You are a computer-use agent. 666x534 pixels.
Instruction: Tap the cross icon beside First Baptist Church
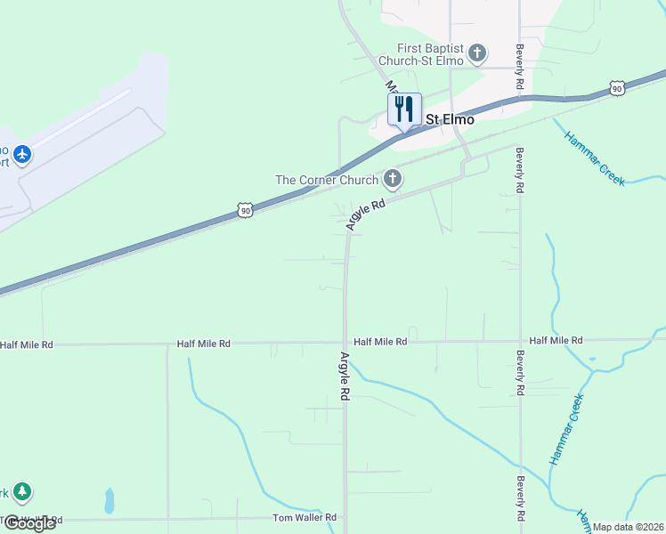pyautogui.click(x=477, y=53)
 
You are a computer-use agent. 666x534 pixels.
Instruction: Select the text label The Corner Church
pyautogui.click(x=327, y=180)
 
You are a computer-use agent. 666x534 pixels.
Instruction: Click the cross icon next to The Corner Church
pyautogui.click(x=392, y=180)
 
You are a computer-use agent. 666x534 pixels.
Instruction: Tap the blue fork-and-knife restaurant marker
pyautogui.click(x=404, y=109)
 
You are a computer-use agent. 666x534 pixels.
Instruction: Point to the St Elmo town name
pyautogui.click(x=450, y=119)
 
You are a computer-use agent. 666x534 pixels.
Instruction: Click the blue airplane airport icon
pyautogui.click(x=22, y=155)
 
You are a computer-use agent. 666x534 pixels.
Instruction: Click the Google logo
pyautogui.click(x=28, y=522)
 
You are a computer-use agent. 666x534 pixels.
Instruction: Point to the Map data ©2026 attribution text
pyautogui.click(x=628, y=527)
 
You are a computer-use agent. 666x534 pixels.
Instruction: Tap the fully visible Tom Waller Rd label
pyautogui.click(x=305, y=517)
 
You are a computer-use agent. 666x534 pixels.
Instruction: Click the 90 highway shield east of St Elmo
pyautogui.click(x=617, y=87)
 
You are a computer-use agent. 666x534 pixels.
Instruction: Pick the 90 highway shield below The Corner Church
pyautogui.click(x=246, y=210)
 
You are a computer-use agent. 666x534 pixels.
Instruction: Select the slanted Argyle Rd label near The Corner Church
pyautogui.click(x=365, y=215)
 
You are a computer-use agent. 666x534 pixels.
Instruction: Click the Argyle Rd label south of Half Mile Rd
pyautogui.click(x=345, y=375)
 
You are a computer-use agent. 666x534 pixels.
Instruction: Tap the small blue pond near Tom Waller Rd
pyautogui.click(x=110, y=502)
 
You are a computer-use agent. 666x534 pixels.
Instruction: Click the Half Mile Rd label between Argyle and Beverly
pyautogui.click(x=380, y=342)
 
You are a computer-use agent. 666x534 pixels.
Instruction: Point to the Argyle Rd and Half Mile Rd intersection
pyautogui.click(x=345, y=341)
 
